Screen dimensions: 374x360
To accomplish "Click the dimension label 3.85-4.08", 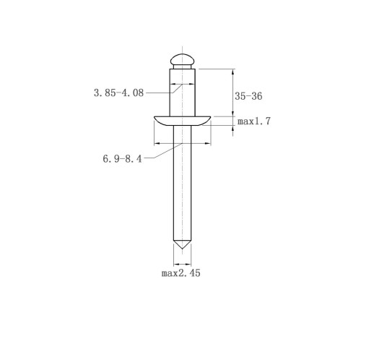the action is coord(118,93).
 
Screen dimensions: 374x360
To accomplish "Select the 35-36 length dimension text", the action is coord(248,96).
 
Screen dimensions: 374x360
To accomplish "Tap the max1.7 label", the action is coord(254,121).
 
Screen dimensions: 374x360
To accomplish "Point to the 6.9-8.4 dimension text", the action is coord(122,159).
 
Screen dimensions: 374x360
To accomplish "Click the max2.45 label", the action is coord(181,273).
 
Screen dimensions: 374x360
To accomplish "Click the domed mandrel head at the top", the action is coord(182,59).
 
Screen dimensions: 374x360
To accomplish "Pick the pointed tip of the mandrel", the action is coord(182,249).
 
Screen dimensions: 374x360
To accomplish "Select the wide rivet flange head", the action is coord(182,121).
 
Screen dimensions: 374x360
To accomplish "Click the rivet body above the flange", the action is coord(182,93).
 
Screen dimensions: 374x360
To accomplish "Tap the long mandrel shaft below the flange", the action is coord(182,183).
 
